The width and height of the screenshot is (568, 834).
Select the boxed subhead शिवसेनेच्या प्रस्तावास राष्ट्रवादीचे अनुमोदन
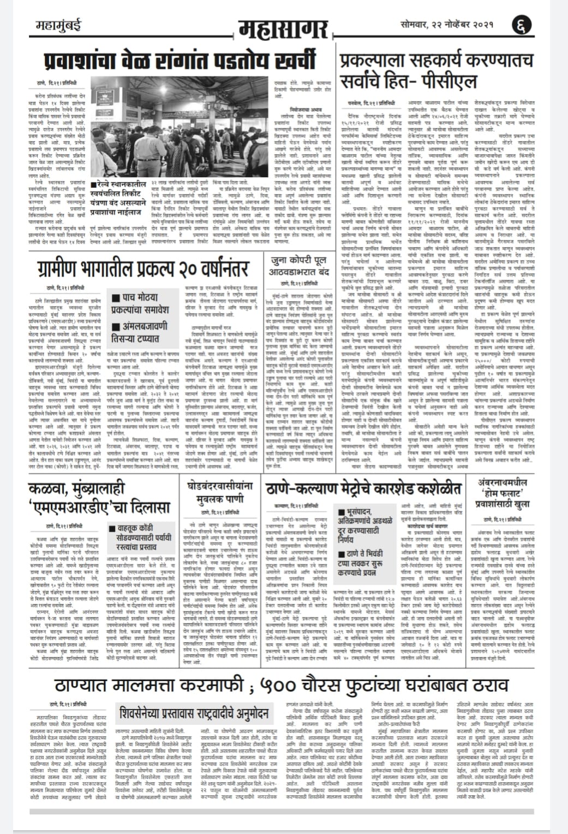point(194,713)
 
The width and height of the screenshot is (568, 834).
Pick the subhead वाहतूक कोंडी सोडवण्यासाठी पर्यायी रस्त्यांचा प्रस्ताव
point(147,538)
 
